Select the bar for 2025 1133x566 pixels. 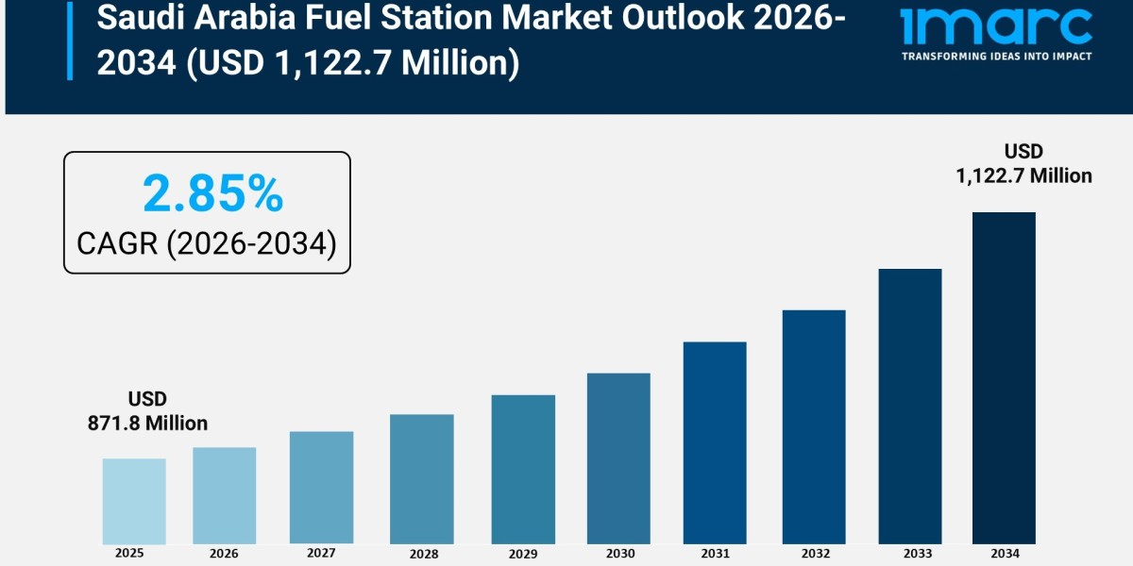point(134,501)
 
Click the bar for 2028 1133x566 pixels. point(422,479)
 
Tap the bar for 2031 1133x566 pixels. point(715,442)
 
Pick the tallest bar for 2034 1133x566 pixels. point(1004,377)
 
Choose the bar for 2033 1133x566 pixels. point(910,406)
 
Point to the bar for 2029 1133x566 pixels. point(523,469)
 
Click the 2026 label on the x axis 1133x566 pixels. point(225,553)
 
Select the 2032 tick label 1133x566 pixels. point(814,554)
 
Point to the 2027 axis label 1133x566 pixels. point(321,554)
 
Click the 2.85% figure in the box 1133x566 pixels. point(212,194)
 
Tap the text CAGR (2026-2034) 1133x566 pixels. point(207,243)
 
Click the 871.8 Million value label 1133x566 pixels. point(147,424)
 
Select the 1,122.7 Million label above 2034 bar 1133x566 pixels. point(1023,175)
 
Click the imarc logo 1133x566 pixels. point(996,25)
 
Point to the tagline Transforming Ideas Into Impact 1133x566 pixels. point(996,57)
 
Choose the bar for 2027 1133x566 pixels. point(321,488)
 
